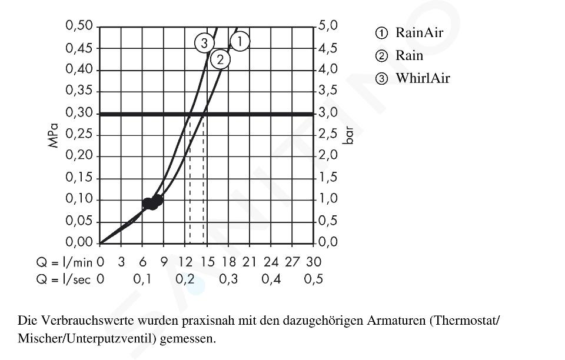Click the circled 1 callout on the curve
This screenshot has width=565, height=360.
(x=240, y=41)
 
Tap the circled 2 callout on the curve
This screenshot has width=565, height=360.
(x=220, y=59)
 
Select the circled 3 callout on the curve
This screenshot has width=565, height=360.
(x=204, y=43)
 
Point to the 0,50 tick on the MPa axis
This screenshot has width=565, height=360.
(x=79, y=26)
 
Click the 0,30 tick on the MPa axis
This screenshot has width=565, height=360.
(x=79, y=113)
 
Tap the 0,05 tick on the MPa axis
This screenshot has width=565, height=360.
(x=79, y=221)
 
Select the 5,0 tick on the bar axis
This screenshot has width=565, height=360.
(x=328, y=26)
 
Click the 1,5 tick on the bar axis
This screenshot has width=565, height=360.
(x=328, y=178)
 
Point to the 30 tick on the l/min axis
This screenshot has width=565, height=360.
(x=314, y=261)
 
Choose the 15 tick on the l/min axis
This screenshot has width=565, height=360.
(x=207, y=261)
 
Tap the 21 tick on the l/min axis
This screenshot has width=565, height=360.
(x=250, y=261)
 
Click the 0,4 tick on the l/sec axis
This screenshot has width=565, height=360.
(x=271, y=279)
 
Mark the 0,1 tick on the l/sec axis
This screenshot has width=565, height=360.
(x=142, y=279)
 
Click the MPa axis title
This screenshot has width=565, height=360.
(x=55, y=134)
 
